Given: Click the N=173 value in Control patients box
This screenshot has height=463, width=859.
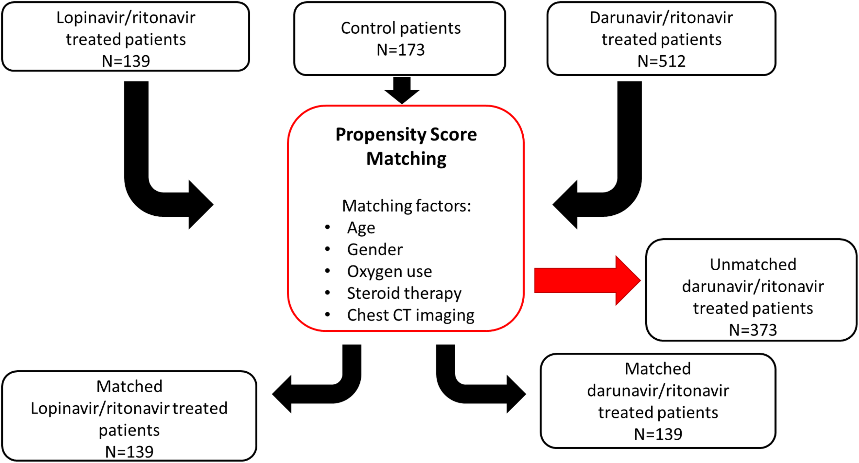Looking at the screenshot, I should point(400,50).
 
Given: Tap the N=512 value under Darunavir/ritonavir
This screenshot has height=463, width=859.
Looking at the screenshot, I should point(661,61).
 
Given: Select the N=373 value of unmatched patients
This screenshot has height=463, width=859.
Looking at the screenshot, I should point(752,330).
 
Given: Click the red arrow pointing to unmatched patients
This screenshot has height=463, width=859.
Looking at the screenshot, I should point(586,280).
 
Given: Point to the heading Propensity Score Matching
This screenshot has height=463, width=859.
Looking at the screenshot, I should point(406,146).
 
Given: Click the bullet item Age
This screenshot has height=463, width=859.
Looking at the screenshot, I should point(361,228).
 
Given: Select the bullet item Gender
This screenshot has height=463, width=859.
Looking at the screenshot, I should point(375,249).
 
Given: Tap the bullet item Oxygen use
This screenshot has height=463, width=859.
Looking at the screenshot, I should point(389,271).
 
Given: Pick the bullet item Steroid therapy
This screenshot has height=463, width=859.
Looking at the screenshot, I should point(404,293).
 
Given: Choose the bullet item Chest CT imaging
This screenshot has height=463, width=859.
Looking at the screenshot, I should point(410,315).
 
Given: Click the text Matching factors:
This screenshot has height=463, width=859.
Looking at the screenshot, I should point(406,206).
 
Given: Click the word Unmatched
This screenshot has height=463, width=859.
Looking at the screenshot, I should point(752,264).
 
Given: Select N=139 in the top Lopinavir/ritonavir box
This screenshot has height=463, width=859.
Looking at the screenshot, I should point(126,61).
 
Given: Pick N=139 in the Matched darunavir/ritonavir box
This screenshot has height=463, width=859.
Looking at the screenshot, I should point(658,434).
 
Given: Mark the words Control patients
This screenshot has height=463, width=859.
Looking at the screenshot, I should point(400,28).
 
